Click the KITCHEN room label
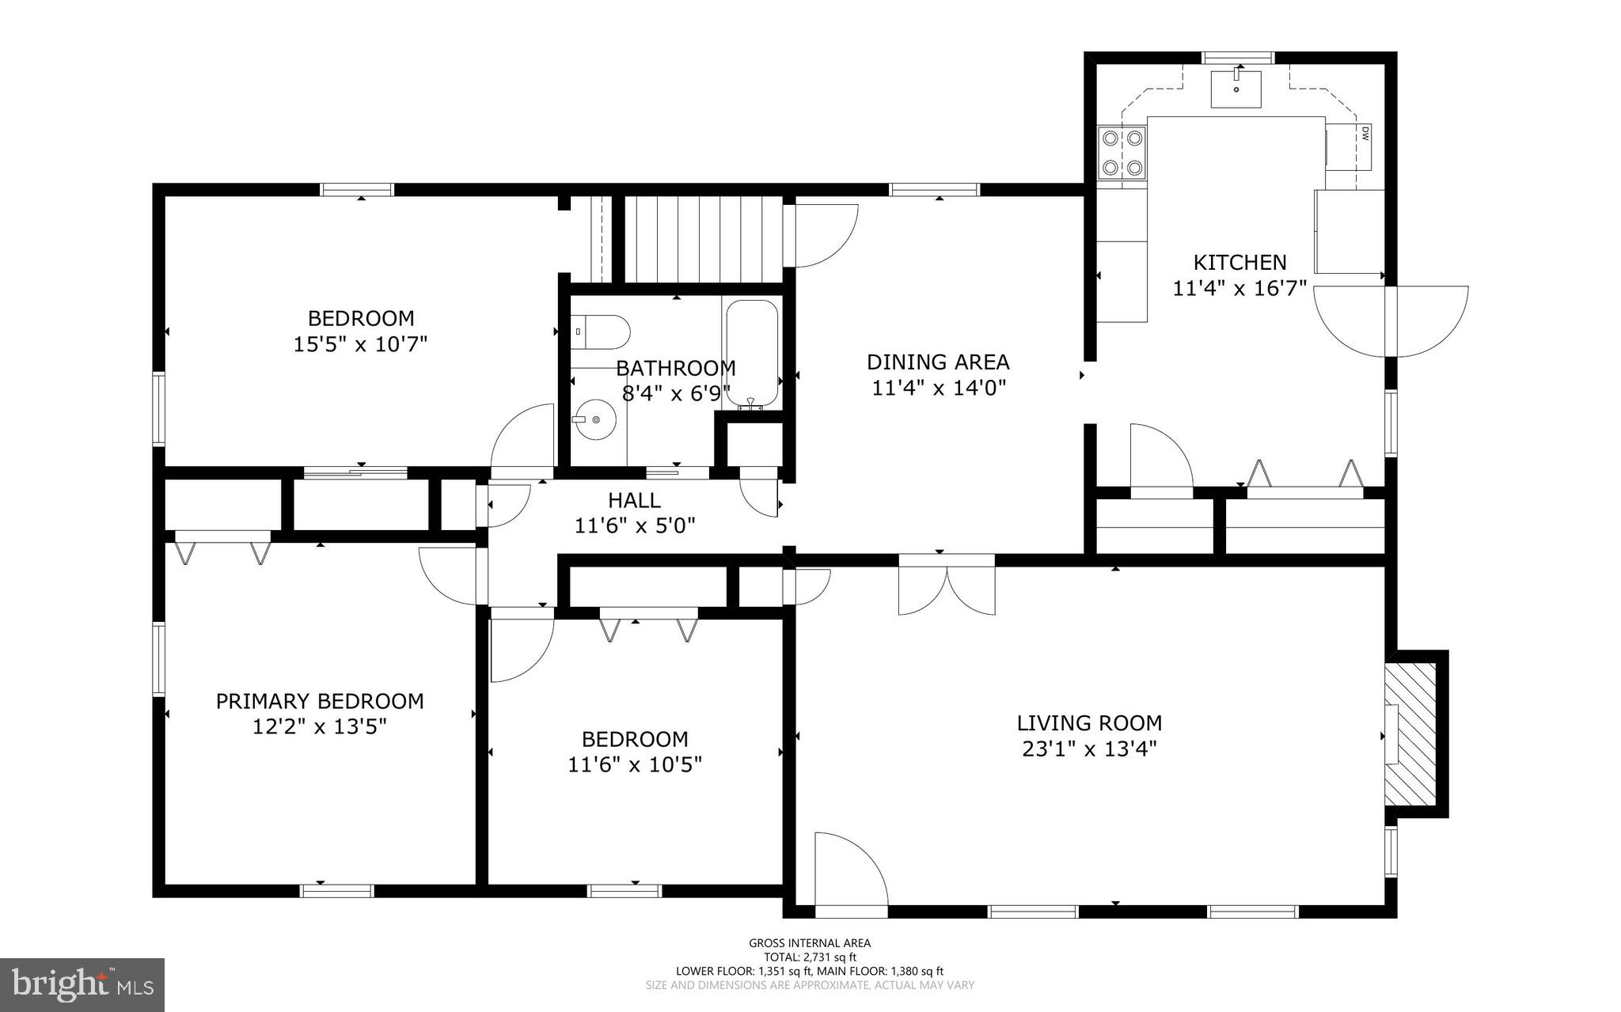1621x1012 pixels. pos(1239,262)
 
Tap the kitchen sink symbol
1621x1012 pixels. pos(1236,88)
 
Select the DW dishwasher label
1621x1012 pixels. pos(1365,135)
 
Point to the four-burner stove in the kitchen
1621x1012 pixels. pos(1122,153)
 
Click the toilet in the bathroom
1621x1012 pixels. pos(600,332)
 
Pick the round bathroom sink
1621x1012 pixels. pos(595,419)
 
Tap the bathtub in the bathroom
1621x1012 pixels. pos(751,352)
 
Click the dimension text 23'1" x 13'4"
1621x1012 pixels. pos(1089,749)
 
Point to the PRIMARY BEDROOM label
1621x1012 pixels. pos(320,701)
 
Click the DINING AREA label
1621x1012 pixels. pos(938,362)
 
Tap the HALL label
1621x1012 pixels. pos(634,500)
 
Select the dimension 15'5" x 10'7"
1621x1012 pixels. pos(360,344)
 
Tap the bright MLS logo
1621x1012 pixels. pos(82,984)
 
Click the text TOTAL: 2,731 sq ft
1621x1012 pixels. pos(809,957)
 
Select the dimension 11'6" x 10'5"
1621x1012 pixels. pos(635,764)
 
